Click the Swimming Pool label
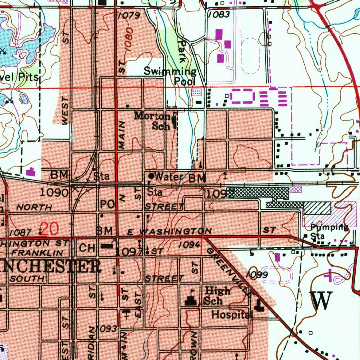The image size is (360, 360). pyautogui.click(x=170, y=76)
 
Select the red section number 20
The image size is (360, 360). pyautogui.click(x=50, y=229)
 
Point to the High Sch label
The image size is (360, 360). pyautogui.click(x=218, y=296)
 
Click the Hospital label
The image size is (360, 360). pyautogui.click(x=231, y=315)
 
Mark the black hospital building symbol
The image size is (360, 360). pyautogui.click(x=260, y=306)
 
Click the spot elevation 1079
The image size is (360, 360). pyautogui.click(x=129, y=15)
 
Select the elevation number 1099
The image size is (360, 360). pyautogui.click(x=257, y=274)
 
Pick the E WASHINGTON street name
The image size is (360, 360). pyautogui.click(x=169, y=231)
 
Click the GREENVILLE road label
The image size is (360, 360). pyautogui.click(x=229, y=271)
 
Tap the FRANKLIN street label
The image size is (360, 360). pyautogui.click(x=37, y=252)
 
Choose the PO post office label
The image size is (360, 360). pyautogui.click(x=107, y=204)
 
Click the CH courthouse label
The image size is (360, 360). pyautogui.click(x=86, y=248)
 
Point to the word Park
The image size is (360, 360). pyautogui.click(x=182, y=51)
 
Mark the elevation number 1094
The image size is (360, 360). pyautogui.click(x=189, y=245)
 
